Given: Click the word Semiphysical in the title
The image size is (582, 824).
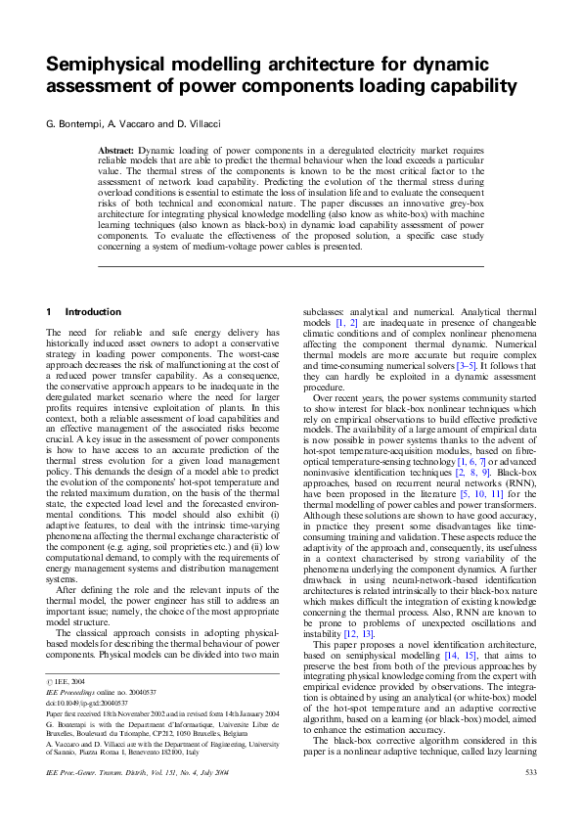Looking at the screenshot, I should click(110, 65).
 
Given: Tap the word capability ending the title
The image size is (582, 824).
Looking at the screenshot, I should click(464, 85).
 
